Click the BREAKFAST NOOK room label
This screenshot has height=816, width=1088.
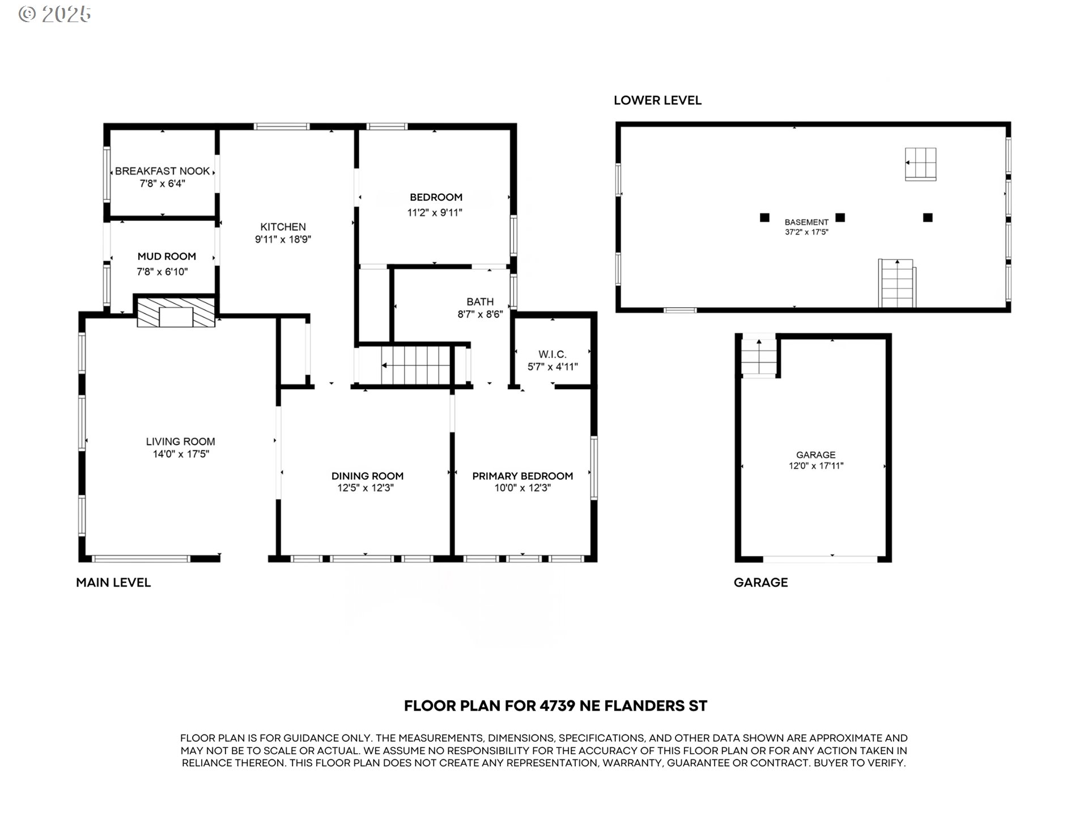point(163,171)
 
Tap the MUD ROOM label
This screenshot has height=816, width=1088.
point(167,257)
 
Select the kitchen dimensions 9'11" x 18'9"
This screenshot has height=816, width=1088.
point(283,240)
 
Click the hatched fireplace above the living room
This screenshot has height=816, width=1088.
point(176,313)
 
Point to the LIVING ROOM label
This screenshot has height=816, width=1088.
point(180,441)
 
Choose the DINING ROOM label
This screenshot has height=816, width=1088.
point(367,476)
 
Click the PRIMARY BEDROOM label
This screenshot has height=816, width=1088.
point(522,476)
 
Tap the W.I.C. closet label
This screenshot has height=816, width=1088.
point(552,355)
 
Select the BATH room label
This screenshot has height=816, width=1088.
point(480,302)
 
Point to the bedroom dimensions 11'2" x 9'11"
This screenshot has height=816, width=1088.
point(435,213)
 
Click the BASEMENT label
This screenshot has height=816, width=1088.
point(806,222)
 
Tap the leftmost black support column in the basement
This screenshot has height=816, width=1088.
point(764,217)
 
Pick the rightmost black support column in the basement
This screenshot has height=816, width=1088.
point(928,217)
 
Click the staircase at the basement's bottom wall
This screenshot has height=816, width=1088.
point(897,283)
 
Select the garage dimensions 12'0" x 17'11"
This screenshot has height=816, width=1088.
point(816,466)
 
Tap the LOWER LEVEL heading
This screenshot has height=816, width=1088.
point(657,100)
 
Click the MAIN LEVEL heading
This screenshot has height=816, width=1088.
point(113,583)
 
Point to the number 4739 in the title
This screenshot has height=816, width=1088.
point(557,706)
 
